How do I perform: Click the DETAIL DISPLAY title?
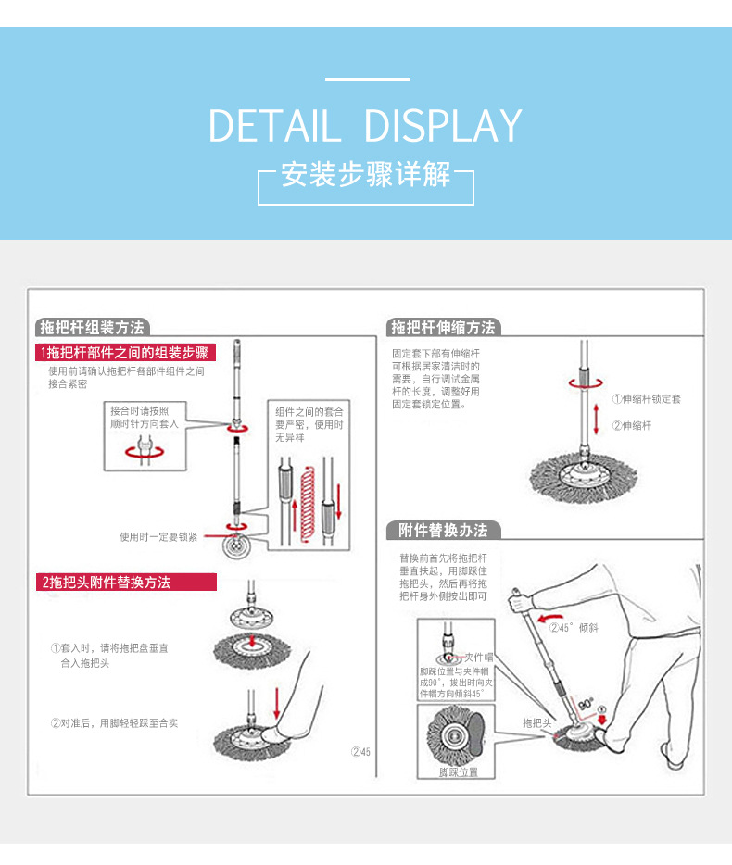(365, 126)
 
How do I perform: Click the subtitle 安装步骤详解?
(365, 174)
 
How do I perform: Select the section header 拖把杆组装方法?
(91, 328)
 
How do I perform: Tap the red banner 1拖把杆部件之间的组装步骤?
(125, 352)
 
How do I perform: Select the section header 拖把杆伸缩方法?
(443, 328)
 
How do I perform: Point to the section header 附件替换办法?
(443, 531)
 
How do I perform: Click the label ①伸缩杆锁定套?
(646, 399)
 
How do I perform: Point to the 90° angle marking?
(586, 705)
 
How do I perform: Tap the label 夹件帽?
(478, 657)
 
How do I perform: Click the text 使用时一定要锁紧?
(158, 536)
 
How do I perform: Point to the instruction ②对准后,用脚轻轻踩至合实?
(114, 722)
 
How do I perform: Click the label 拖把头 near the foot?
(536, 722)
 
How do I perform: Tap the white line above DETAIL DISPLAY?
(367, 80)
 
